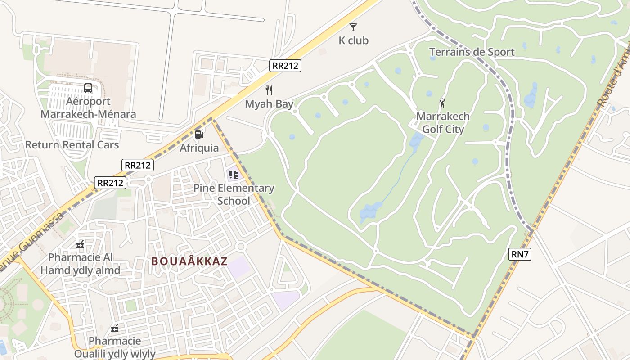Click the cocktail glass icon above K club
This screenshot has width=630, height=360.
[x=353, y=27]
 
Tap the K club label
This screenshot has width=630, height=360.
[x=353, y=40]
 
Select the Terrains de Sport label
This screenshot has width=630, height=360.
[x=472, y=52]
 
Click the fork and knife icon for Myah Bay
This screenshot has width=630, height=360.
[x=269, y=90]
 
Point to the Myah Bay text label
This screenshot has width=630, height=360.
[x=269, y=104]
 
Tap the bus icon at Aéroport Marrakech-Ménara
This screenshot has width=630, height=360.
[x=88, y=88]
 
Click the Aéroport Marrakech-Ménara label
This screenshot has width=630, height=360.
[x=88, y=108]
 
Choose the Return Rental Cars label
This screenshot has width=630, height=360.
[x=72, y=145]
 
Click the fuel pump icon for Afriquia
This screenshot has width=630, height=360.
[x=199, y=134]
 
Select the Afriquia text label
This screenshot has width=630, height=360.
[x=199, y=148]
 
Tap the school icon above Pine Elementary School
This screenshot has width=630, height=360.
[x=233, y=174]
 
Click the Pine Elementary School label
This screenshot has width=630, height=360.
[x=234, y=194]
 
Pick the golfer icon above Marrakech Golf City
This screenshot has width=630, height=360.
[x=442, y=103]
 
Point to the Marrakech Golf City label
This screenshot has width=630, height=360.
[x=443, y=123]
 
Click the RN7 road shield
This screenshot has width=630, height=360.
[x=520, y=254]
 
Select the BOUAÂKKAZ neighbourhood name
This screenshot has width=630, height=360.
[x=189, y=261]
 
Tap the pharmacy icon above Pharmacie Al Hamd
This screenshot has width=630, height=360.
[x=80, y=244]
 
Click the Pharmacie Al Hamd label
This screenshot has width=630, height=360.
[x=81, y=264]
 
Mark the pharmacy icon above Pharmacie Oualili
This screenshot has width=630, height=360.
[x=115, y=328]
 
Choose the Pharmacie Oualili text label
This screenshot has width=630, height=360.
[x=115, y=347]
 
